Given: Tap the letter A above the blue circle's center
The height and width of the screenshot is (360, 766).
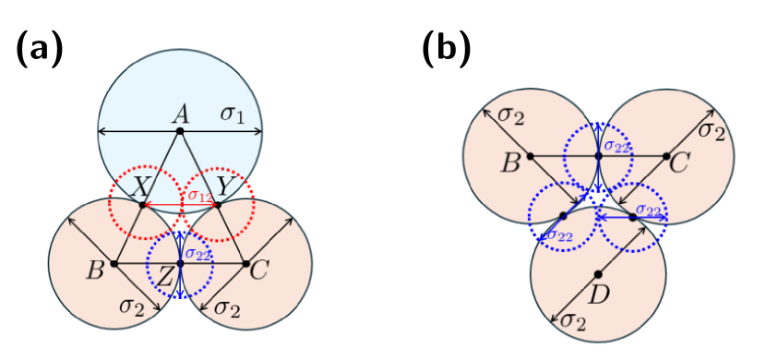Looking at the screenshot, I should click(x=181, y=114).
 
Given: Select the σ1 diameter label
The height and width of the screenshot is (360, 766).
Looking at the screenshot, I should click(x=231, y=114).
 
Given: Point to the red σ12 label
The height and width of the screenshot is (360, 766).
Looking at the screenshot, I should click(x=198, y=196).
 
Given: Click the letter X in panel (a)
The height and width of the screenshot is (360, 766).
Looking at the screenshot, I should click(x=141, y=187).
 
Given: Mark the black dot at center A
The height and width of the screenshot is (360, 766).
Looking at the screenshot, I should click(x=180, y=132).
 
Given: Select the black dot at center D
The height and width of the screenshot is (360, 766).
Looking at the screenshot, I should click(x=598, y=273).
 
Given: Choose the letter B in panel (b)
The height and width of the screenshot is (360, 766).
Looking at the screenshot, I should click(x=510, y=164).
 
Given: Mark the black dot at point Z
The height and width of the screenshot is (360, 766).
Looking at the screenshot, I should click(x=180, y=264).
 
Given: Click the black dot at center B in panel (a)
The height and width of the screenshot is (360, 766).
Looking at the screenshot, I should click(x=114, y=264).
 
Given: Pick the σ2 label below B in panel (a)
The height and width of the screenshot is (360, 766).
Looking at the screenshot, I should click(x=130, y=306).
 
